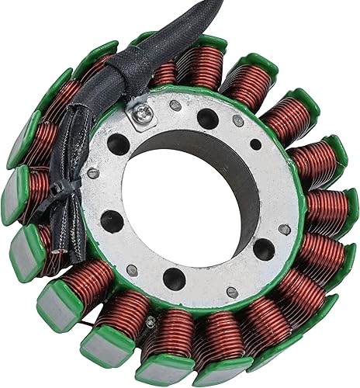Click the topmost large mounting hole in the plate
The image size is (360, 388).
click(x=207, y=119)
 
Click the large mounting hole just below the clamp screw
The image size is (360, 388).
click(x=119, y=145)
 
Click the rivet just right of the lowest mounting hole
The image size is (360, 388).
click(x=231, y=292)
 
